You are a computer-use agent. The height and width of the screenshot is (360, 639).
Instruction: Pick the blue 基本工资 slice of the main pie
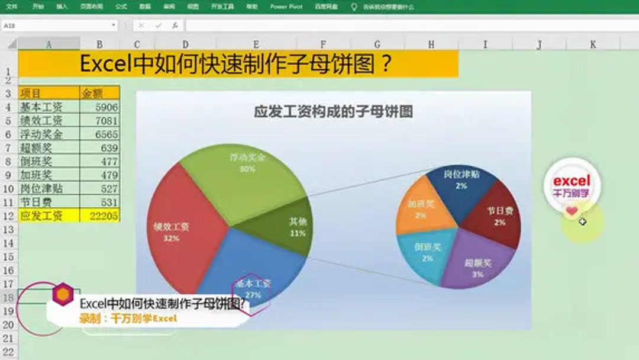point(248,266)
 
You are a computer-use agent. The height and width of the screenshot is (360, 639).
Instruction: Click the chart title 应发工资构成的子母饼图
point(333,111)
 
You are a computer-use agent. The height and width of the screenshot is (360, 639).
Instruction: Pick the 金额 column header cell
point(99,94)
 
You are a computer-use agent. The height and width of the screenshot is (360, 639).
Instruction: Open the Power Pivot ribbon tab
point(286,7)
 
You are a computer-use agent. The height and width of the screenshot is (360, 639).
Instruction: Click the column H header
point(431,44)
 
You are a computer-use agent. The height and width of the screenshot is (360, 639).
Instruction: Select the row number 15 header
point(8,257)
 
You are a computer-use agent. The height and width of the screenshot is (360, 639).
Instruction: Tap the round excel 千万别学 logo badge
point(572,185)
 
